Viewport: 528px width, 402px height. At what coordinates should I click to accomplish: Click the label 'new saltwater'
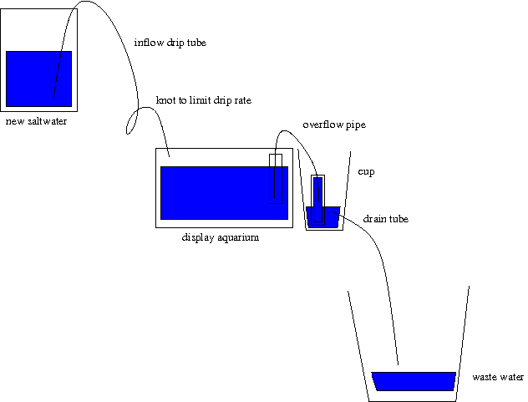(x=36, y=121)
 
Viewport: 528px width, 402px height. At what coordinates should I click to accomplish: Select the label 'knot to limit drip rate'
(x=203, y=100)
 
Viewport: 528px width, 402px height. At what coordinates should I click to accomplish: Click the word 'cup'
(x=365, y=171)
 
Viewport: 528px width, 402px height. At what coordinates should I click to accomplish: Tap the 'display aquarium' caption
(x=221, y=237)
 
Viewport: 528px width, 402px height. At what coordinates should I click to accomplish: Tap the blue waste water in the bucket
(x=414, y=381)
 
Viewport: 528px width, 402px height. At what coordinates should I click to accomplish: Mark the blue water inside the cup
(x=322, y=216)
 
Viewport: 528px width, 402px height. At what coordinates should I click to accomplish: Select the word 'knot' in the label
(x=165, y=100)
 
